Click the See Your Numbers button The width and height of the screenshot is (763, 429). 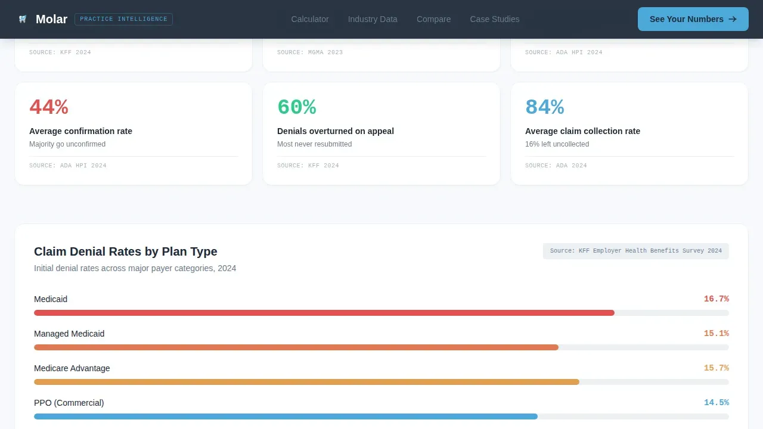[693, 19]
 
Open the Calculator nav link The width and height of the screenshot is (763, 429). [309, 19]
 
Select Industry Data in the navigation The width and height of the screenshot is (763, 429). [373, 19]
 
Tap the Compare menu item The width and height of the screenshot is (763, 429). [433, 19]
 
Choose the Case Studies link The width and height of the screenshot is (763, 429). [495, 19]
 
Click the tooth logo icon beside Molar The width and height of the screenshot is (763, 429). [23, 19]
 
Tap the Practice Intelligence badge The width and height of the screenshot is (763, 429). [123, 19]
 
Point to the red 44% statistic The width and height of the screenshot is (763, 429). [49, 107]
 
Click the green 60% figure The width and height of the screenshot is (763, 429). [297, 107]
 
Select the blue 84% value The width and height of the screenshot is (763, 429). [545, 107]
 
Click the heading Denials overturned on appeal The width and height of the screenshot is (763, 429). [335, 131]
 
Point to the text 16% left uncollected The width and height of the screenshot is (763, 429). [557, 144]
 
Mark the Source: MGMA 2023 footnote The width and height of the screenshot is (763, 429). [309, 52]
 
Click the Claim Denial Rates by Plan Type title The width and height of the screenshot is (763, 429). [125, 251]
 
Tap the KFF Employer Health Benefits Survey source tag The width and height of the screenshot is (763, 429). [635, 251]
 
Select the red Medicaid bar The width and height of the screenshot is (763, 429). [324, 313]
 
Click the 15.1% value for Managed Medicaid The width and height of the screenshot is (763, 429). [717, 333]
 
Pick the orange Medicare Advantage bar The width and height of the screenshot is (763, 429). [306, 382]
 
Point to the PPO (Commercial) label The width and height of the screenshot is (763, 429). [69, 403]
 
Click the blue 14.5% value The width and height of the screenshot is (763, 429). [717, 402]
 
